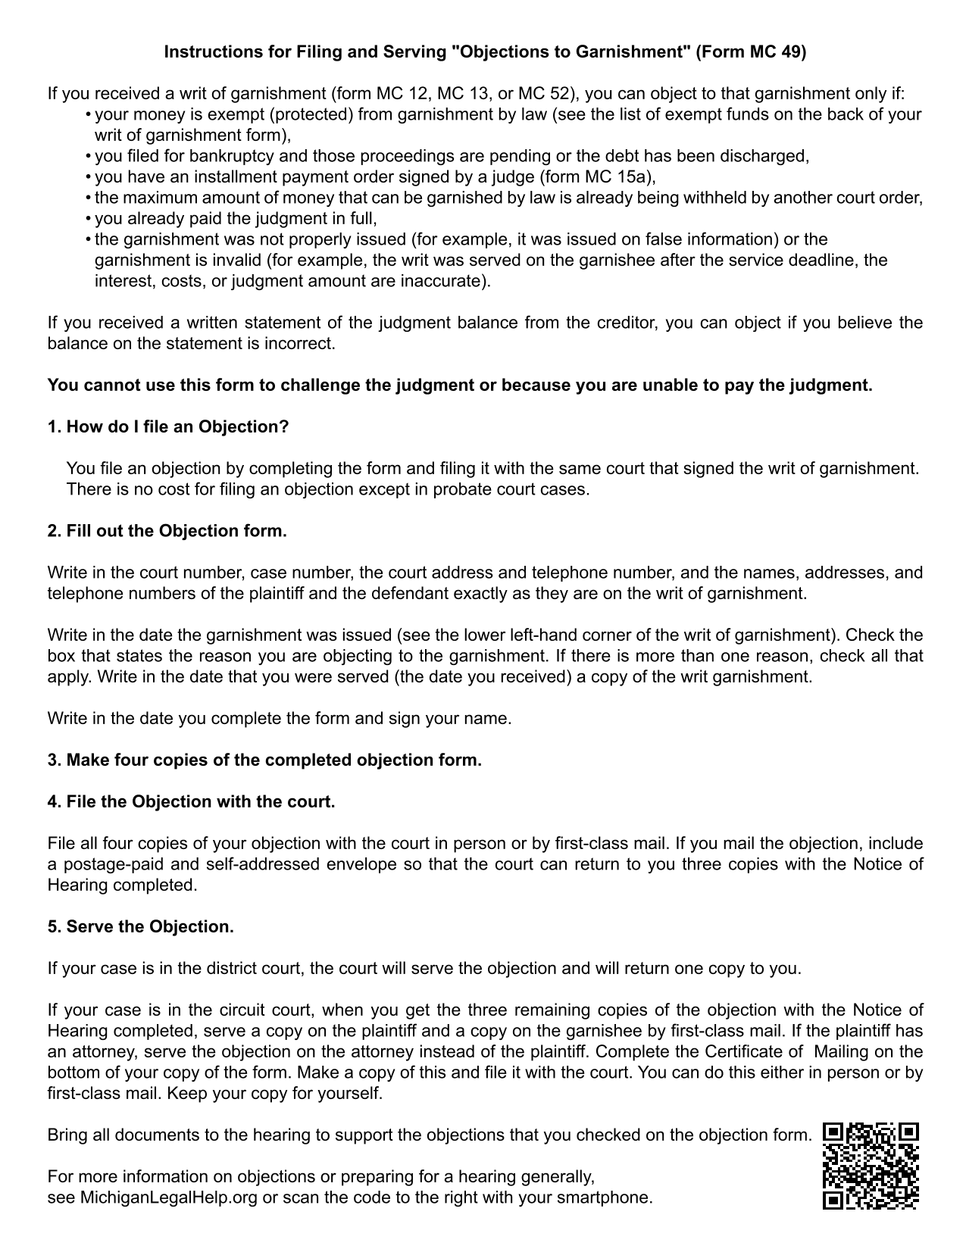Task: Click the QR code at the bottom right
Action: (871, 1166)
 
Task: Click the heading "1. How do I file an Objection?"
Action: (168, 427)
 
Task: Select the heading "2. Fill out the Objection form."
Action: (167, 531)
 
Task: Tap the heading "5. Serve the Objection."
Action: (140, 927)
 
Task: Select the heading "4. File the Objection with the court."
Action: (191, 802)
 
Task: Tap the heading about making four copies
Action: (264, 760)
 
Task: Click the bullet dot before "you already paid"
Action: (89, 219)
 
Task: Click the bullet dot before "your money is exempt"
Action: (89, 115)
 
